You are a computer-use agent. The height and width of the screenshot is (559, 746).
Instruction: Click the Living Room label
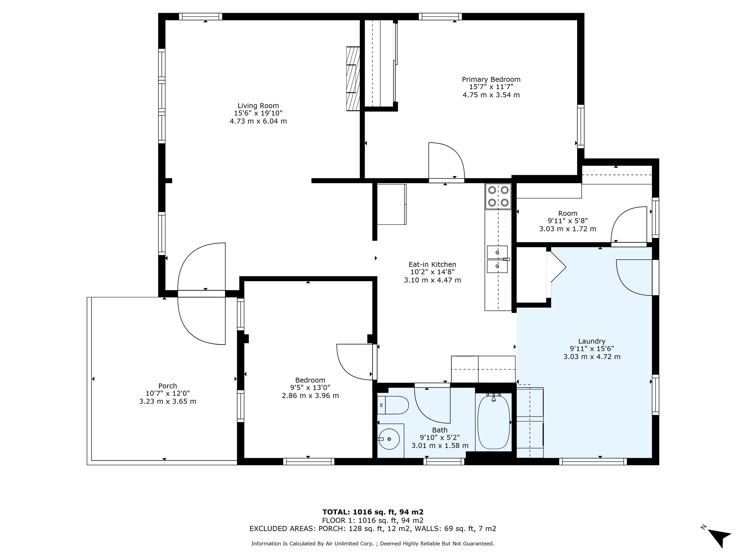tap(258, 106)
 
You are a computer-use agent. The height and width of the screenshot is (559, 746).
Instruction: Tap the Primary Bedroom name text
tap(491, 80)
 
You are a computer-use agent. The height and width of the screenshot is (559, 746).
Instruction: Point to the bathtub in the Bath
tap(493, 422)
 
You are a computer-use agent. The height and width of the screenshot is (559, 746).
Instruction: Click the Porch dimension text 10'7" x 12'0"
tap(168, 393)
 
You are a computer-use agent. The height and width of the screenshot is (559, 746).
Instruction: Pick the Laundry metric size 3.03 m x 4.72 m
tap(592, 357)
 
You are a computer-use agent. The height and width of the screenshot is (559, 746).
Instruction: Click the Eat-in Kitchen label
tap(432, 265)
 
